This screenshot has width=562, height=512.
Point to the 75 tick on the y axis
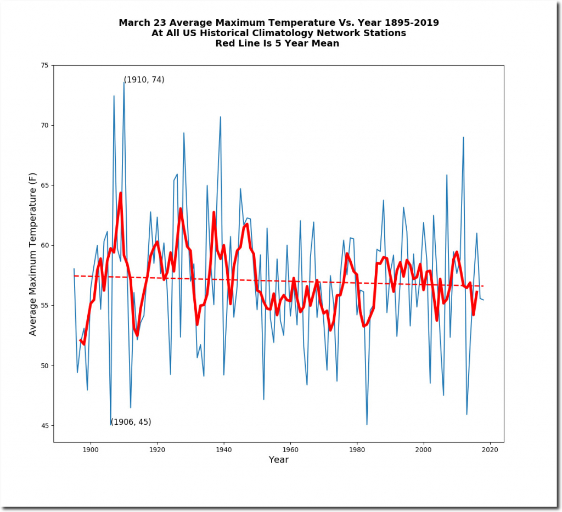tap(53, 65)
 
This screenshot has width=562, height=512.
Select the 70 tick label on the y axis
tap(43, 126)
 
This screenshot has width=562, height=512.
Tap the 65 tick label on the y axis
tap(43, 185)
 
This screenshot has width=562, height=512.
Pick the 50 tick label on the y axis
tap(43, 365)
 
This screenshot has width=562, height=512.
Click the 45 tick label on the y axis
tap(43, 426)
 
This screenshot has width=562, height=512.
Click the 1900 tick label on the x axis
tap(91, 451)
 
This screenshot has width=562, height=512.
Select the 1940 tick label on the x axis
tap(224, 451)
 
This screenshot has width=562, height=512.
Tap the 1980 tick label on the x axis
tap(357, 451)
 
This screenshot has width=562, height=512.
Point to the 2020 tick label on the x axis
tap(490, 451)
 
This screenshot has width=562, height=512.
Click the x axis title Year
tap(279, 460)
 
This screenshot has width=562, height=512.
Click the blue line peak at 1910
tap(124, 82)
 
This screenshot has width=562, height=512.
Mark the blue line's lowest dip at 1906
tap(111, 425)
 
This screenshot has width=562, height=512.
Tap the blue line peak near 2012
tap(464, 137)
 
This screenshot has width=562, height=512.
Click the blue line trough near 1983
tap(367, 424)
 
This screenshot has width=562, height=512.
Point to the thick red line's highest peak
tap(121, 193)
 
